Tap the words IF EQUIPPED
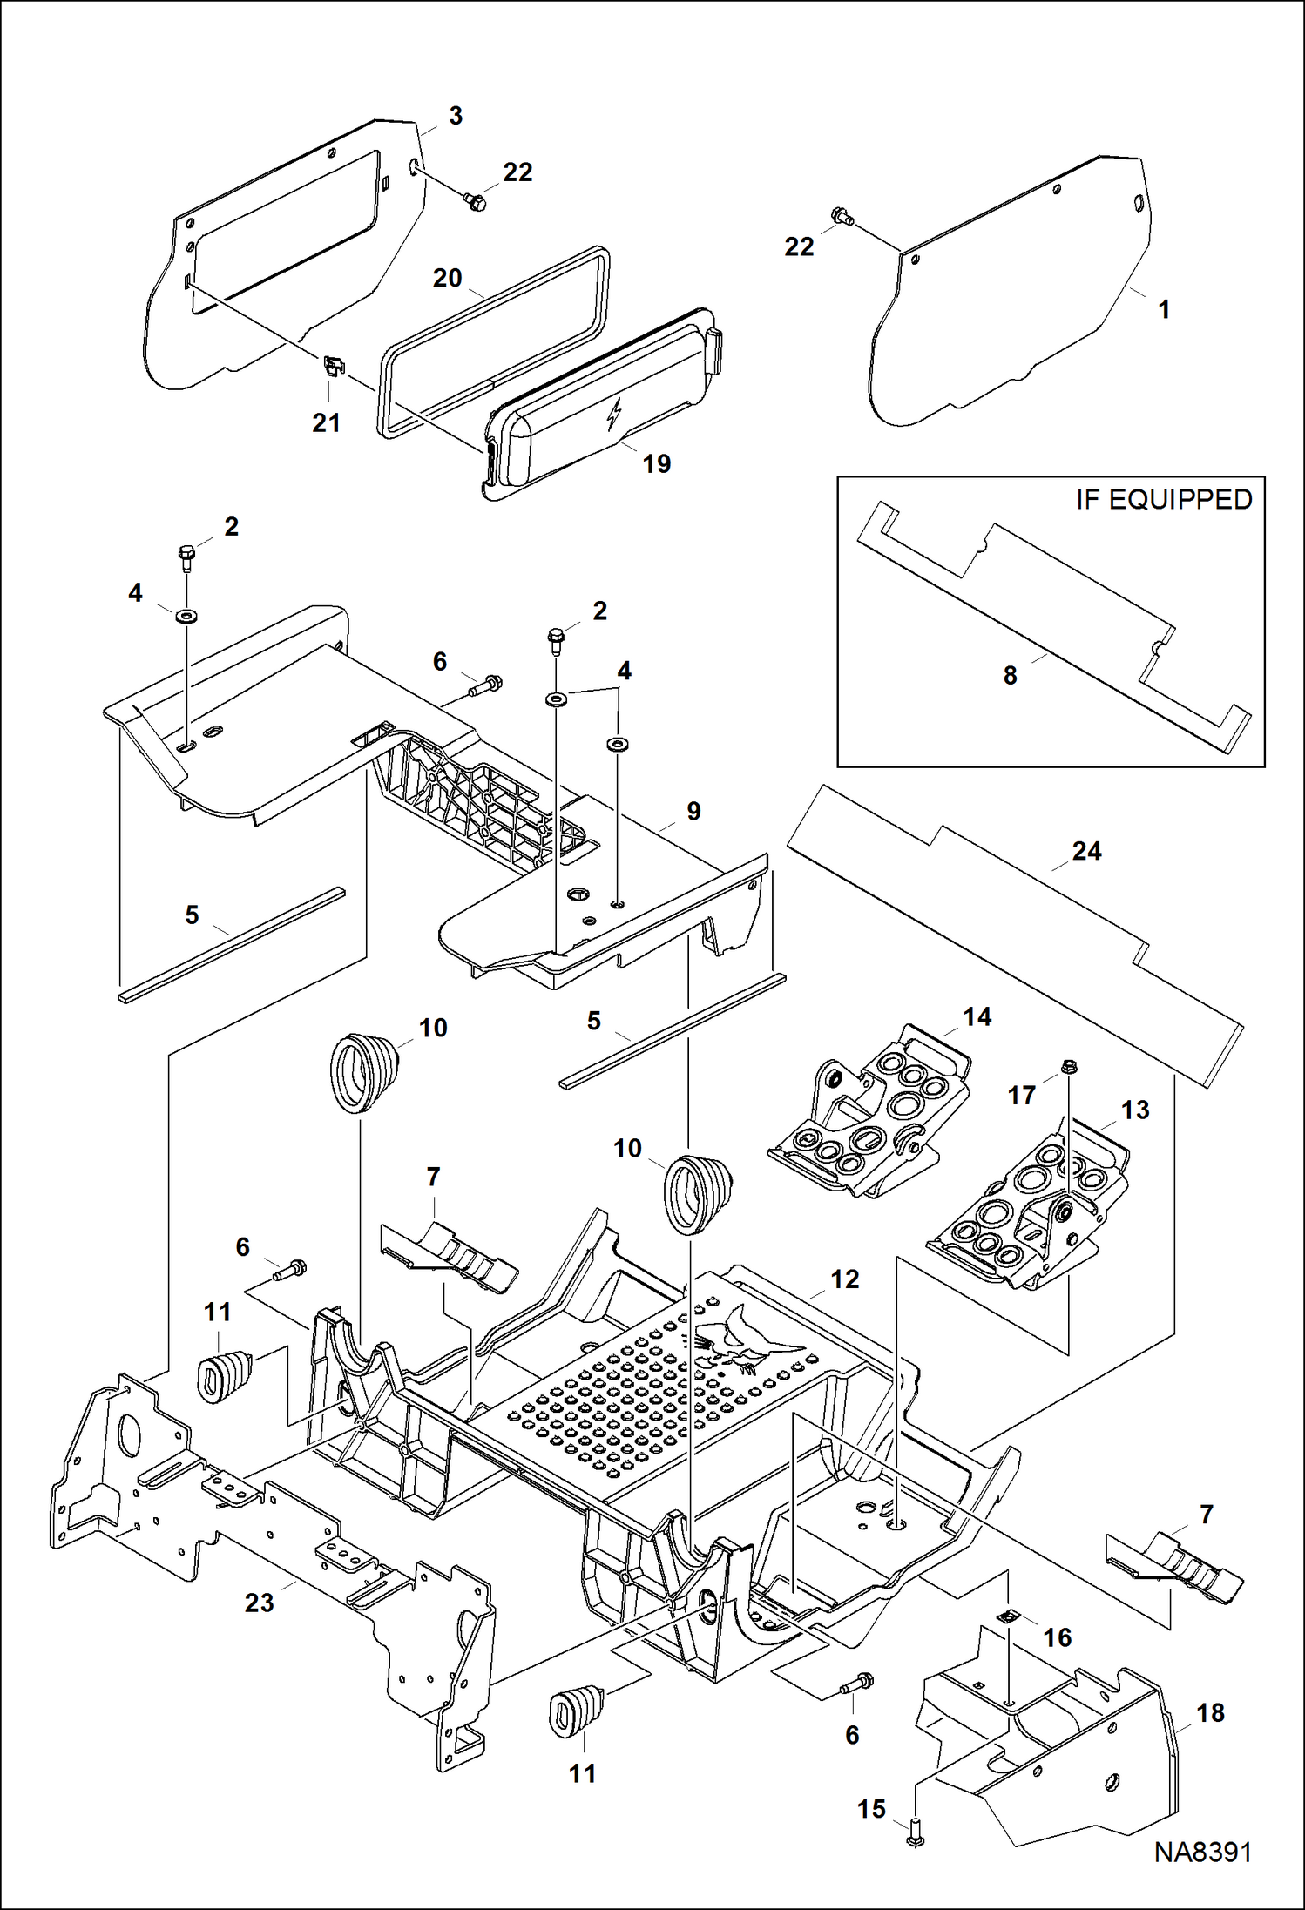[x=1163, y=500]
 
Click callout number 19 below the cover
[x=657, y=464]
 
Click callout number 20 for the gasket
[x=447, y=278]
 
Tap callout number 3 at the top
[x=456, y=116]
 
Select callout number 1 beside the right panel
[x=1164, y=309]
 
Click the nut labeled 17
[x=1071, y=1065]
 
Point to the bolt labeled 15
[x=915, y=1839]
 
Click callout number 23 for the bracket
[x=259, y=1603]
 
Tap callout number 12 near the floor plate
[x=844, y=1279]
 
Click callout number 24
[x=1086, y=851]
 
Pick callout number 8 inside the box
[x=1010, y=675]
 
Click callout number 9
[x=693, y=811]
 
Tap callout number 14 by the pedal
[x=977, y=1016]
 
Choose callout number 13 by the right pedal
[x=1134, y=1110]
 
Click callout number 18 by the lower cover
[x=1210, y=1712]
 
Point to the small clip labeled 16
[x=1007, y=1617]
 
